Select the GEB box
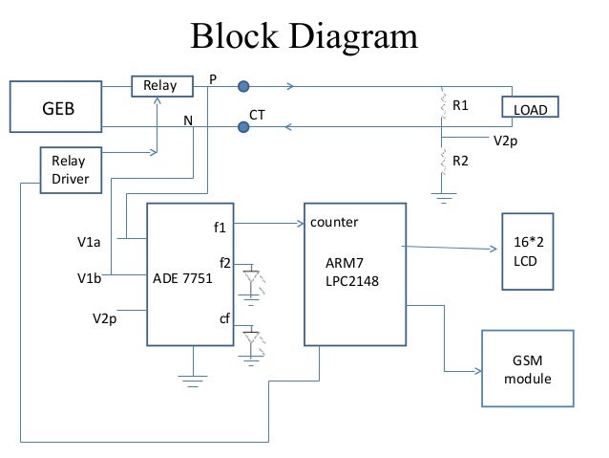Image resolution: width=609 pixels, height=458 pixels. [x=56, y=108]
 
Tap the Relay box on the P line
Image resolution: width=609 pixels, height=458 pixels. [x=159, y=87]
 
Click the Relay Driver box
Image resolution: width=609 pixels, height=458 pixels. [x=70, y=169]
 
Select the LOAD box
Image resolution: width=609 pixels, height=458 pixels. [x=530, y=111]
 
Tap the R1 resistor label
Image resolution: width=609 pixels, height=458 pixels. [x=460, y=105]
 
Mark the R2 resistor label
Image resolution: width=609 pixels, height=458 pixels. [x=460, y=161]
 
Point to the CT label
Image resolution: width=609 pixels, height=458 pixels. [x=257, y=114]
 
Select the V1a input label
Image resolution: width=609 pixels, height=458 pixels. [x=90, y=243]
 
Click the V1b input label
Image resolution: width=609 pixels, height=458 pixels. [x=90, y=279]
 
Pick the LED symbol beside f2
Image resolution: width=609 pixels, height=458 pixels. [x=252, y=281]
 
